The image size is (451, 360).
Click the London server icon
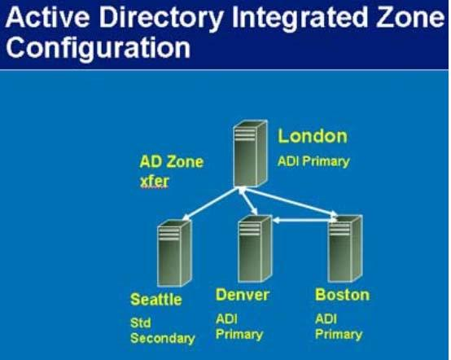click(x=250, y=153)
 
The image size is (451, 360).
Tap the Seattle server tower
click(x=173, y=253)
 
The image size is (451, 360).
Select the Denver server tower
click(x=255, y=248)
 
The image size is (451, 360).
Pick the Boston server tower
click(x=345, y=248)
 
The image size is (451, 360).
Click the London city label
click(x=313, y=136)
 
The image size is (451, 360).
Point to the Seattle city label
click(x=156, y=299)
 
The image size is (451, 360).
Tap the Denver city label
click(x=242, y=295)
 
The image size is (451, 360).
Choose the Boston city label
click(x=342, y=295)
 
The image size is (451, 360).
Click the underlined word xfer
click(x=155, y=182)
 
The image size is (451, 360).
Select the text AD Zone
click(x=172, y=162)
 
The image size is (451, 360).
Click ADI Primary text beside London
click(x=313, y=161)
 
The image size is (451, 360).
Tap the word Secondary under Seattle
click(x=163, y=338)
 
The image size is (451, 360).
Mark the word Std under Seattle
click(x=140, y=323)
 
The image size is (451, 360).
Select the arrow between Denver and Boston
click(x=304, y=221)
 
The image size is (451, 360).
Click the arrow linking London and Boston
click(x=289, y=201)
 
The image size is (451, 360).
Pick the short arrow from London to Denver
click(x=248, y=201)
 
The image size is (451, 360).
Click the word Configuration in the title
click(x=99, y=47)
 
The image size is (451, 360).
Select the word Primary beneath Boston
click(x=339, y=335)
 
